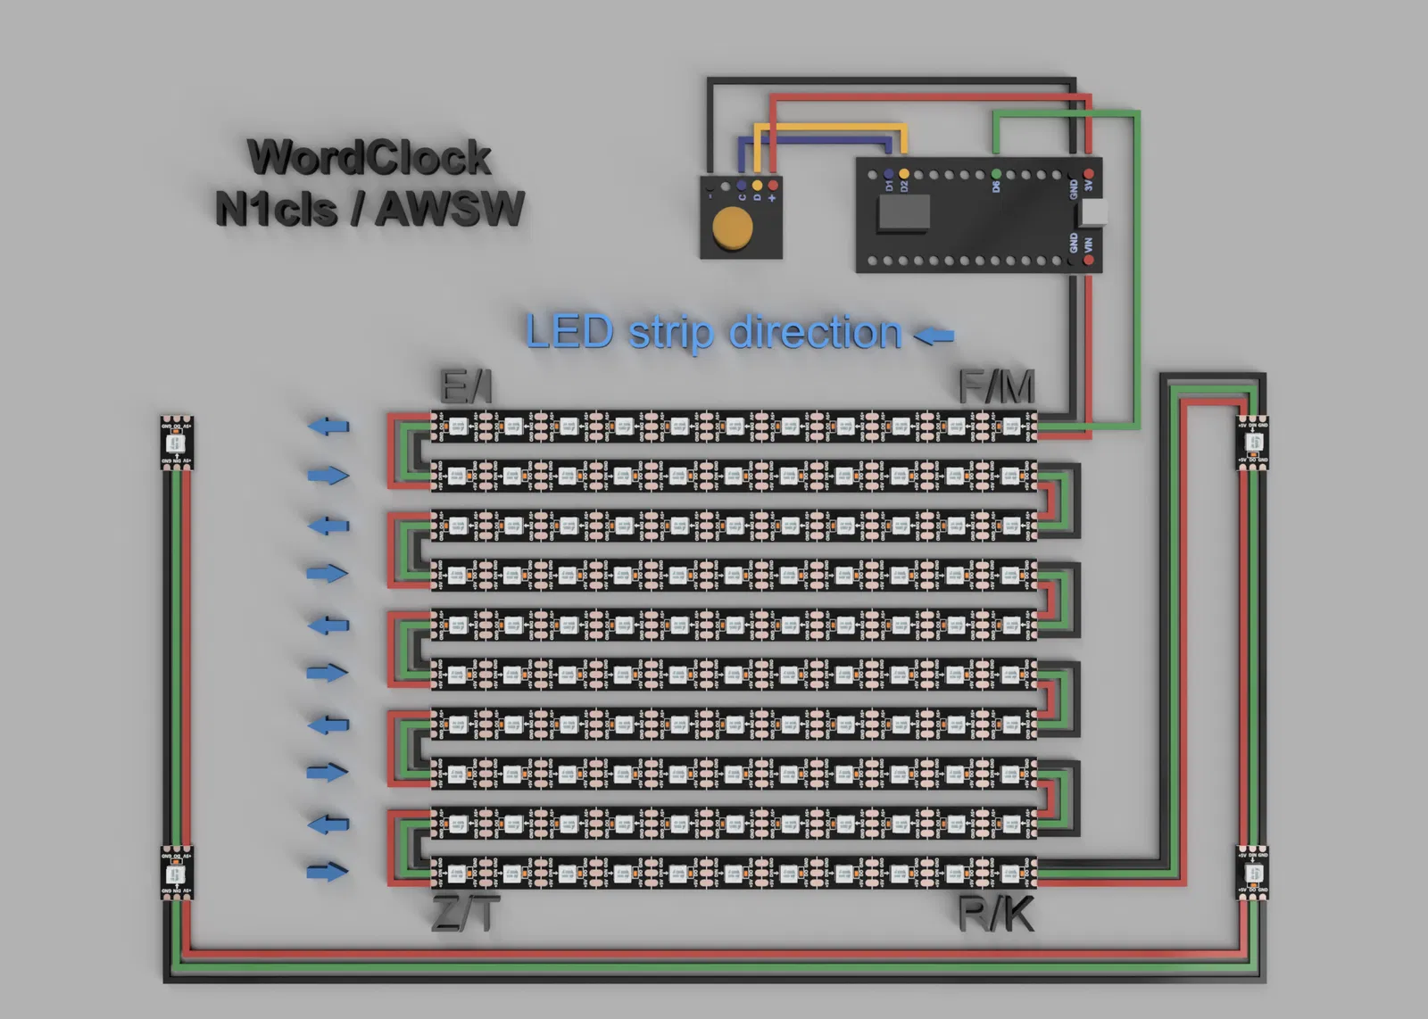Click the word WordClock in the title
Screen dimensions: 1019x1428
tap(369, 158)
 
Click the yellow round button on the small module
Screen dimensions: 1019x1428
tap(732, 227)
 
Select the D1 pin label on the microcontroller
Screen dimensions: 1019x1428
tap(889, 186)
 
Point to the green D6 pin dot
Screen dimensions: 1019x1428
tap(996, 173)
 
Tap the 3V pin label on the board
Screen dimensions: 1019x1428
tap(1089, 186)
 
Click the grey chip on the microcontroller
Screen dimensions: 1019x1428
tap(904, 213)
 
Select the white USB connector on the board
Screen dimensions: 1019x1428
tap(1092, 212)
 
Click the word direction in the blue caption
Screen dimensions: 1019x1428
tap(815, 333)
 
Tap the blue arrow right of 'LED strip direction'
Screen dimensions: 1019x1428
tap(934, 336)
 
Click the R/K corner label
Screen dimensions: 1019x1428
tap(996, 915)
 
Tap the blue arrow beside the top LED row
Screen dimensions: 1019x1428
tap(328, 427)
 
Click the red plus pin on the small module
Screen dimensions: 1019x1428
tap(773, 186)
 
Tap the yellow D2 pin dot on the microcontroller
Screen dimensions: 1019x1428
tap(904, 173)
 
